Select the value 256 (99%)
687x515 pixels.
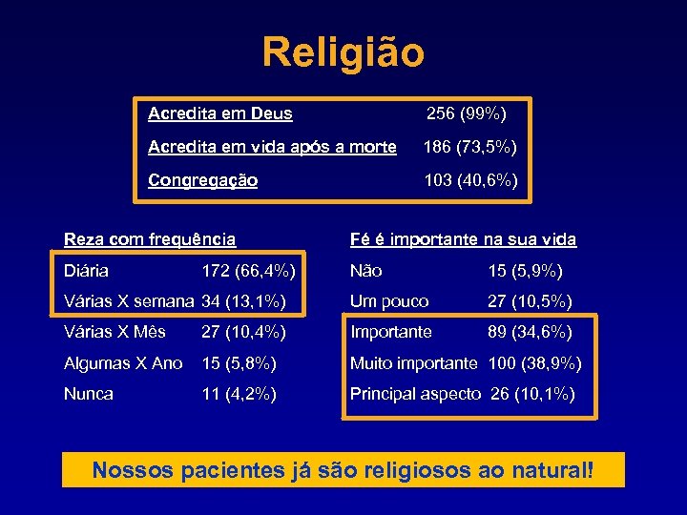click(467, 114)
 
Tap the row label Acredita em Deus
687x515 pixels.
click(220, 114)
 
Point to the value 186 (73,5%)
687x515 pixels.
click(470, 147)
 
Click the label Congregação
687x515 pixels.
click(203, 180)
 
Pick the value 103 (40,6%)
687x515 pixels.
click(470, 180)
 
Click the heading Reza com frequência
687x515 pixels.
click(150, 239)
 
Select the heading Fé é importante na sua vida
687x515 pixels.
click(464, 239)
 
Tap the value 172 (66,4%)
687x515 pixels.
click(248, 271)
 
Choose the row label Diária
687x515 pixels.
click(86, 271)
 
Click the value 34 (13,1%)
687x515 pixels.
click(244, 301)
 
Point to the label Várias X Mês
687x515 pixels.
click(114, 332)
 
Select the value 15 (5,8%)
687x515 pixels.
click(239, 363)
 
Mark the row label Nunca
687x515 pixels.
click(89, 394)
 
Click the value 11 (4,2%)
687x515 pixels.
click(239, 394)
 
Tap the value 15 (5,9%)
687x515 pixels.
click(526, 271)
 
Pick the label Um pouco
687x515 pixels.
click(389, 301)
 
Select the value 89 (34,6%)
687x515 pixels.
click(531, 332)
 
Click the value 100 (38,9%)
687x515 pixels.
click(535, 363)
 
